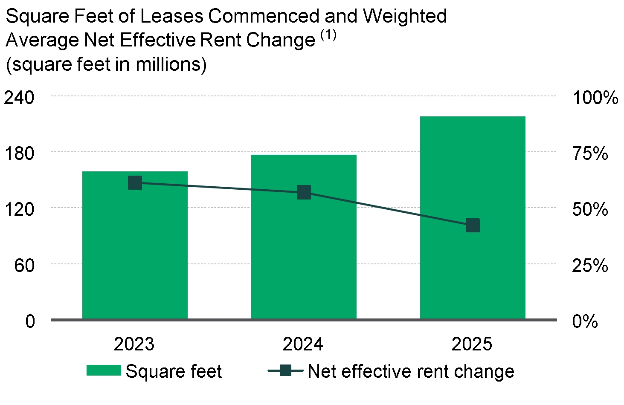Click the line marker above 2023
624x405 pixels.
[135, 182]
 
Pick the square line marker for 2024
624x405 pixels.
[304, 192]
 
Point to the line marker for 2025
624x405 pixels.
[473, 225]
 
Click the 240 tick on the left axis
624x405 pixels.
[19, 98]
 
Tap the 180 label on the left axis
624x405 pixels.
[19, 153]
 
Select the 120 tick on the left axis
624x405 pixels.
[19, 209]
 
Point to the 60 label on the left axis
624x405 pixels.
[24, 265]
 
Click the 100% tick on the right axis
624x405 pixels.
[595, 98]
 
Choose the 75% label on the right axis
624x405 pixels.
[590, 153]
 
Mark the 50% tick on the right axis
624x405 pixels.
[590, 209]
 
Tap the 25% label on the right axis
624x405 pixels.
[590, 265]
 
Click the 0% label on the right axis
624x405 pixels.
[585, 321]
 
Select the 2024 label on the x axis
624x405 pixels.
[303, 344]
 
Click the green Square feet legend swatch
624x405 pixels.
[104, 370]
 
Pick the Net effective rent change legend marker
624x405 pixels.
[286, 370]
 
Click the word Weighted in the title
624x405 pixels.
[405, 16]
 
